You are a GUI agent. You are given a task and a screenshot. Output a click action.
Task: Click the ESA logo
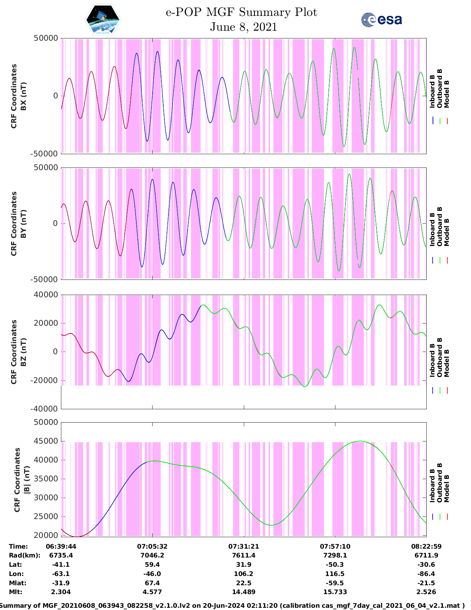[x=382, y=20]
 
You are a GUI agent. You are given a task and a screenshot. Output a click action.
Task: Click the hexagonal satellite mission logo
[x=103, y=21]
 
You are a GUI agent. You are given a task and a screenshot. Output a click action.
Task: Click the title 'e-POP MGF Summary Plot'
[x=241, y=12]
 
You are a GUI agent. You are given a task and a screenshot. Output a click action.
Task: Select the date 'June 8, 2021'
[x=243, y=27]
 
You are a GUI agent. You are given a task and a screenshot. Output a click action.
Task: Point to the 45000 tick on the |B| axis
[x=46, y=441]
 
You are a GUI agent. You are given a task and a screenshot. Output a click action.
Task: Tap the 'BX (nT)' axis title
[x=23, y=96]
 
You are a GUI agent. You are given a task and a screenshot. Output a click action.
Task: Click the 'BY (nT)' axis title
[x=23, y=224]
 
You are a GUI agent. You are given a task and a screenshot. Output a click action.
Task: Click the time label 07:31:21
[x=243, y=546]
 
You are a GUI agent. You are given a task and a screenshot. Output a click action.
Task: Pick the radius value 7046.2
[x=152, y=555]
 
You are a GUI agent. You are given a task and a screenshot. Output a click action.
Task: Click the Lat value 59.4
[x=152, y=565]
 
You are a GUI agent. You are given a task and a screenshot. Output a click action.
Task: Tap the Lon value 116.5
[x=335, y=574]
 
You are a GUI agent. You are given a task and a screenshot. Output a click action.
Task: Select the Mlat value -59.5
[x=335, y=583]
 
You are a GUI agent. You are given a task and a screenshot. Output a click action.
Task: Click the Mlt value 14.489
[x=243, y=592]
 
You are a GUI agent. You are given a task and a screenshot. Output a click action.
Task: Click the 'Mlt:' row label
[x=16, y=592]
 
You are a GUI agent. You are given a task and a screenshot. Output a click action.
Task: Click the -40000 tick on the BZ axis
[x=45, y=409]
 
